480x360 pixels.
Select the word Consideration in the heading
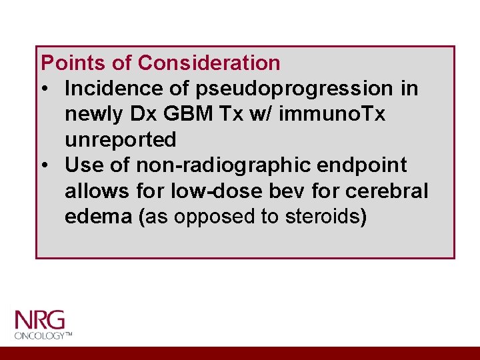(x=209, y=63)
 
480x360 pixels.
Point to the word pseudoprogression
(x=285, y=89)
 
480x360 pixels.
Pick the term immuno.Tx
(x=332, y=115)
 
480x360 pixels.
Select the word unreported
(x=121, y=140)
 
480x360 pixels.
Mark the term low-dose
(x=213, y=191)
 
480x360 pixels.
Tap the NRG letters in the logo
(x=39, y=319)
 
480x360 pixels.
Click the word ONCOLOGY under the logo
(x=39, y=335)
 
